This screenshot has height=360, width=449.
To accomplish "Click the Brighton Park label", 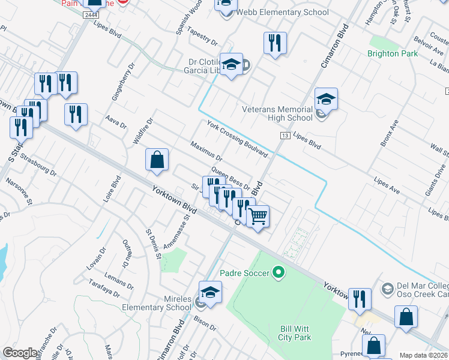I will click(392, 53).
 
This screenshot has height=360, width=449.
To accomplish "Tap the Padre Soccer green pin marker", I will click(278, 273).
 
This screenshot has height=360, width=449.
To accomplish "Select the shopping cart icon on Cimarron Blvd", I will click(258, 216).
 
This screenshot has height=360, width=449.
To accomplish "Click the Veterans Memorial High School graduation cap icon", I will click(326, 99).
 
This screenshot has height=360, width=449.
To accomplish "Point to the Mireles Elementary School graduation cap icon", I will click(211, 292).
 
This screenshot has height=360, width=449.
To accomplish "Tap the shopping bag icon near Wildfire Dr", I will click(157, 160).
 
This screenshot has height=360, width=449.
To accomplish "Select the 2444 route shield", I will click(91, 14).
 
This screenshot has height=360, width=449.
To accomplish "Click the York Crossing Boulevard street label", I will click(237, 138).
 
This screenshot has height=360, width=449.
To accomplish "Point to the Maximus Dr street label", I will click(206, 152).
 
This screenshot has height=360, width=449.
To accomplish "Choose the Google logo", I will click(20, 353).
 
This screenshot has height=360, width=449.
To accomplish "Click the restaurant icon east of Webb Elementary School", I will click(275, 43).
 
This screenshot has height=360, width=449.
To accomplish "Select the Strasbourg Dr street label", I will click(37, 164).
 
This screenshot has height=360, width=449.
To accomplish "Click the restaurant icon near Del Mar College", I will click(359, 298).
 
